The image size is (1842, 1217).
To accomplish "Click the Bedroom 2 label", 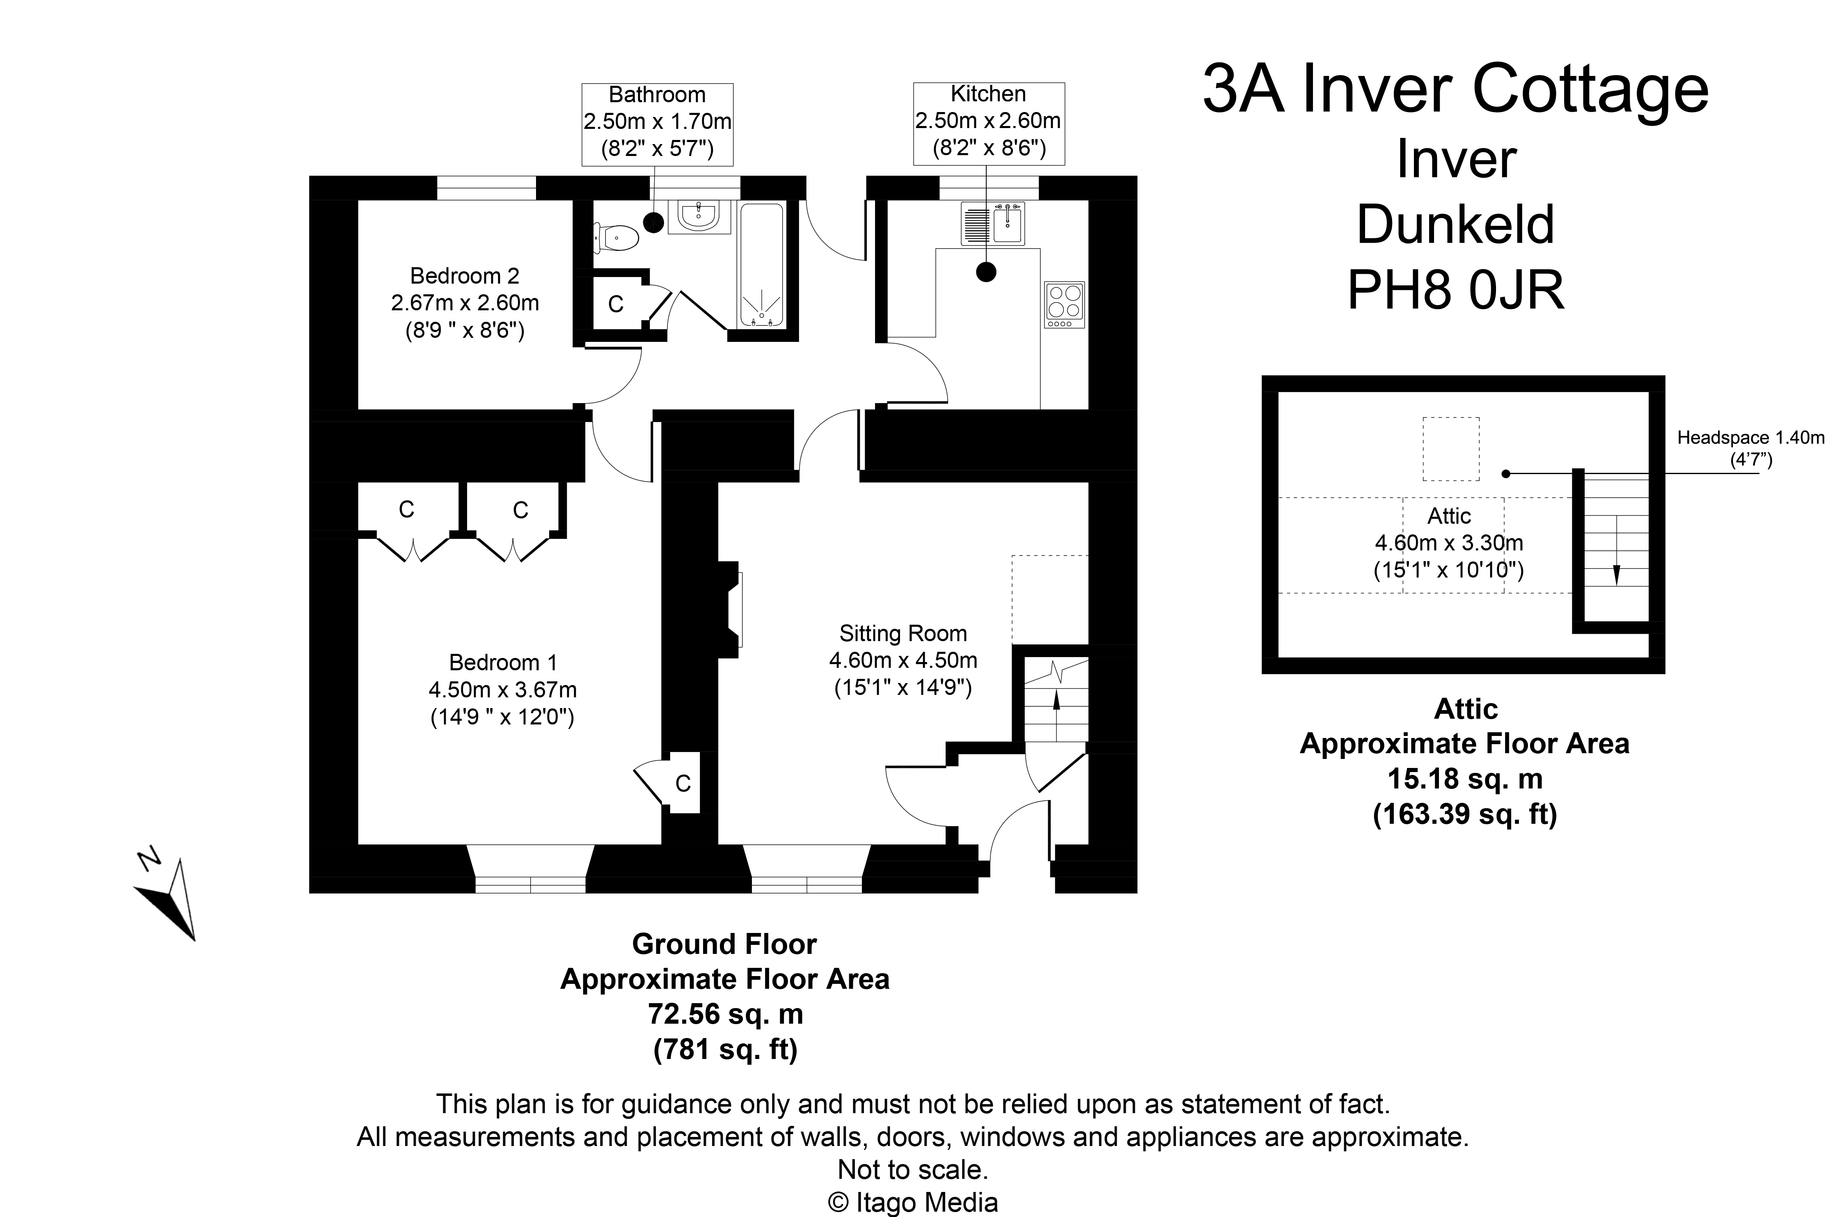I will pyautogui.click(x=464, y=276).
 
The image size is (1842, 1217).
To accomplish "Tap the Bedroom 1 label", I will pyautogui.click(x=503, y=663).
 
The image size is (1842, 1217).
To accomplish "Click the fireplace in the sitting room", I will pyautogui.click(x=734, y=609).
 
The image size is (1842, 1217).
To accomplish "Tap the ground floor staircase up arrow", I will pyautogui.click(x=1055, y=699).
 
